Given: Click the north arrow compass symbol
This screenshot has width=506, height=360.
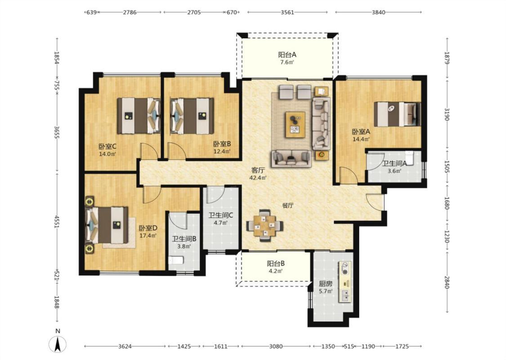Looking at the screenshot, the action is tap(58, 344).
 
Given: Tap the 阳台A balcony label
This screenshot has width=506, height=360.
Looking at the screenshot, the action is tap(287, 54).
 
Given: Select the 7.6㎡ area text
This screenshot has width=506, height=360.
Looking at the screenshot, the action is tap(287, 62).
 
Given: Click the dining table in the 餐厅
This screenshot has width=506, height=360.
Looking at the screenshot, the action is tap(264, 225).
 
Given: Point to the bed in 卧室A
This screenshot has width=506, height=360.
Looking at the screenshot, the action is tap(397, 114).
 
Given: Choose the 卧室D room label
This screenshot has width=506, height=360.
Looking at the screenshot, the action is tap(148, 228).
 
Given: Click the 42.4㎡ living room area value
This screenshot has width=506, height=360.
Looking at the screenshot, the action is tap(258, 178).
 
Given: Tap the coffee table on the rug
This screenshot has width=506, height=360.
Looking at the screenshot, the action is tap(295, 125).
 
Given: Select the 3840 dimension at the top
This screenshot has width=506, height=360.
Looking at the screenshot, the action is tap(379, 12).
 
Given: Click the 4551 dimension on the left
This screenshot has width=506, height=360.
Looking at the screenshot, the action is tap(57, 222).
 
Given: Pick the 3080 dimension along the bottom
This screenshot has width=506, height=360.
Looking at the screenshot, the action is tap(276, 346).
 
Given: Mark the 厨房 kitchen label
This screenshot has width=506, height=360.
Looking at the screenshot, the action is tap(325, 284).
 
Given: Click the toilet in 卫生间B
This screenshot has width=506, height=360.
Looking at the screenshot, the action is tap(176, 260).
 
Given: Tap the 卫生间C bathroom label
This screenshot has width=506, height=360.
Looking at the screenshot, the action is tap(221, 216).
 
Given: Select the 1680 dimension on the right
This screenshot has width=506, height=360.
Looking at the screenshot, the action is tap(447, 203).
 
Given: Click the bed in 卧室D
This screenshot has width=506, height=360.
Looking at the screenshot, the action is tap(107, 225).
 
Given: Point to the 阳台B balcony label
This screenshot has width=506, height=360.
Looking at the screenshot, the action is tap(276, 263).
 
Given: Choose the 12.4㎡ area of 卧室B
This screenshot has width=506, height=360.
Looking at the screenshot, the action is tap(222, 151).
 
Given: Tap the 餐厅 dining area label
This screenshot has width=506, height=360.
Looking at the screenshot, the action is tap(287, 206).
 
